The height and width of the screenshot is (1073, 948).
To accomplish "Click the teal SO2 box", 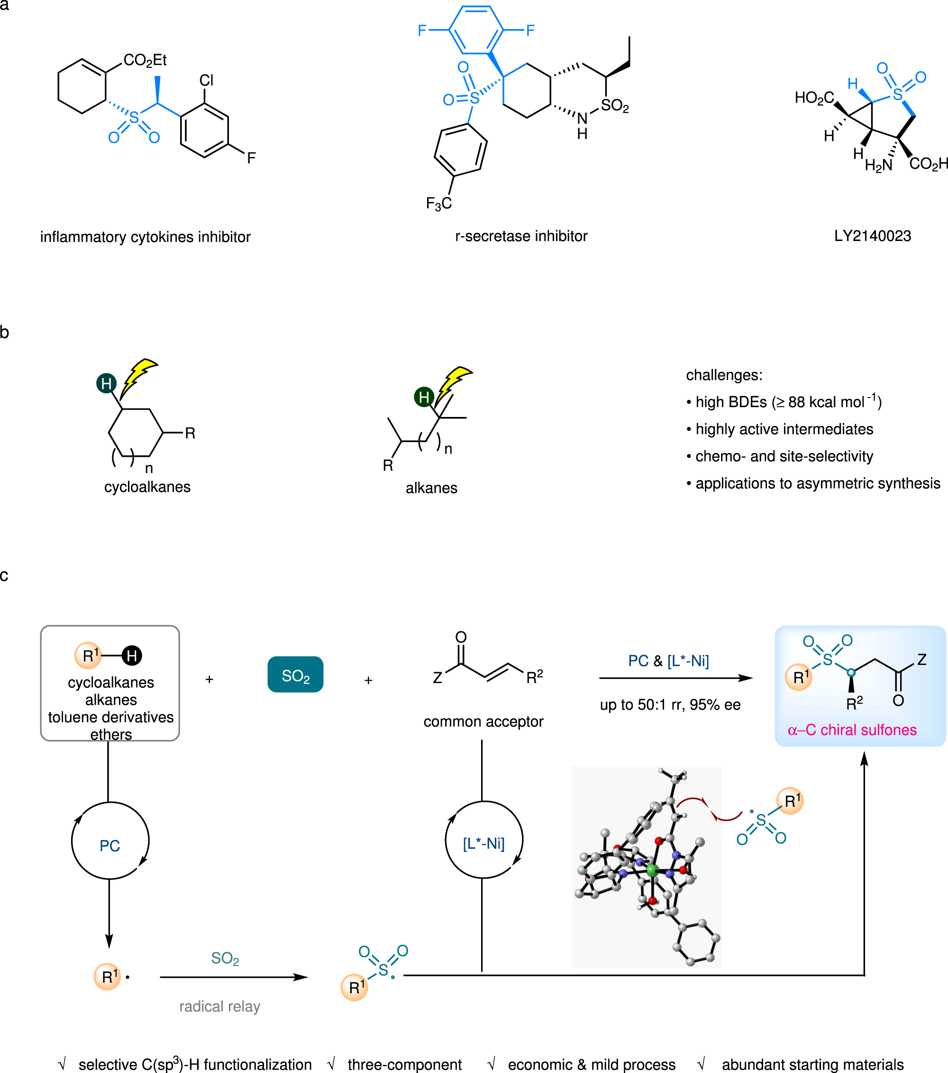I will [x=295, y=675].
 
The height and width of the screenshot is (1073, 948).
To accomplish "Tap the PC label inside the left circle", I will [x=109, y=846].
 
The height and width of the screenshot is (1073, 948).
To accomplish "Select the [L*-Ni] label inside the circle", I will [x=483, y=843].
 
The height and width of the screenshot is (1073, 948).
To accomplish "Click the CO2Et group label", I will [x=145, y=60].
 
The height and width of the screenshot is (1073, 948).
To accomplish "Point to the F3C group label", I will [x=438, y=203].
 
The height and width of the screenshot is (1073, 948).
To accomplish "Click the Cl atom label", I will [x=206, y=80].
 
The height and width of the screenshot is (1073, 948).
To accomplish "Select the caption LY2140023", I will [x=873, y=236].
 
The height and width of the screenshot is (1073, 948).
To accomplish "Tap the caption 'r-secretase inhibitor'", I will [x=521, y=236].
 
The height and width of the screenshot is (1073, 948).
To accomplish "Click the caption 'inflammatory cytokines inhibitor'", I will [x=146, y=237].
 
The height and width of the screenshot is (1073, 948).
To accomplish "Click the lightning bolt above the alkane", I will [x=454, y=383].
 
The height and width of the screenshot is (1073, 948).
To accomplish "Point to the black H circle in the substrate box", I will [x=132, y=656].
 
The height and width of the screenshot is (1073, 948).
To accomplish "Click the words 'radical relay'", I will [x=219, y=1006].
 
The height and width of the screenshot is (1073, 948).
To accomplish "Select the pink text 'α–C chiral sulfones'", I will [x=852, y=730].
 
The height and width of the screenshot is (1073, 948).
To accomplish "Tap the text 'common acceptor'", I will [x=483, y=722].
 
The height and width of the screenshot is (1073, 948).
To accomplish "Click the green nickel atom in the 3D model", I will [x=652, y=870].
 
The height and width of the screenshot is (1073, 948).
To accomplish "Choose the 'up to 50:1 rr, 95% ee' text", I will [x=670, y=704].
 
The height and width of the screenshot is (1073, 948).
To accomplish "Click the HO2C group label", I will [x=814, y=98].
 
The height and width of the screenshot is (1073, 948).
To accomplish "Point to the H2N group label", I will [x=878, y=166].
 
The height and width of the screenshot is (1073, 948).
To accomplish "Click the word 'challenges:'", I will [x=724, y=375].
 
